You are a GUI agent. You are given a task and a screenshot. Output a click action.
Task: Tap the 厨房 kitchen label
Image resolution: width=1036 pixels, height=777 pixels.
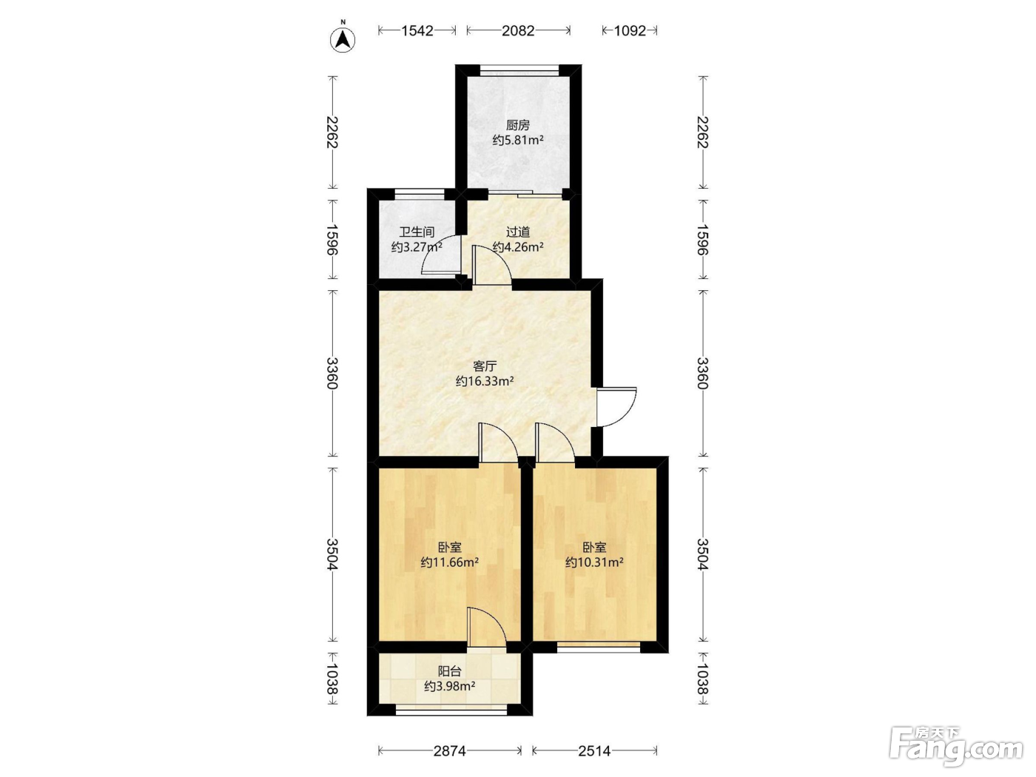coord(518,125)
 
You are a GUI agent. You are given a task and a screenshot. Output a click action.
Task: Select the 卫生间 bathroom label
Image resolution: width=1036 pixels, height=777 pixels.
coord(417,232)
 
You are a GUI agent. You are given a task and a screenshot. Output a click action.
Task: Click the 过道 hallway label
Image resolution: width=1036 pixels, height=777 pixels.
coord(518,232)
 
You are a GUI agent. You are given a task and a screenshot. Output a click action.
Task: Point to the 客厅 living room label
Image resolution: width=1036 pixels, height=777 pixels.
coord(485,366)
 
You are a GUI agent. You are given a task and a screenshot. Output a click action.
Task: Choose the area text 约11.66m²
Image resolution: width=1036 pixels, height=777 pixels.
coord(450,562)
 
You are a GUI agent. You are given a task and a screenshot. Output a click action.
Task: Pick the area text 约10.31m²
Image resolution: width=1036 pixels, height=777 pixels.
coord(594,562)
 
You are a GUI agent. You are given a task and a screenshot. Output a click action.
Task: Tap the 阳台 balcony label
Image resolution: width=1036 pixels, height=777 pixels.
coord(449,671)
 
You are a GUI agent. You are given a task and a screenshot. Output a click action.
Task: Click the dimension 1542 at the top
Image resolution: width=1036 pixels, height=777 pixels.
coord(417,30)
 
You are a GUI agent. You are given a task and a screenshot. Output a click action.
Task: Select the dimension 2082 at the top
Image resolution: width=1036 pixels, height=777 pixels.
coord(518,30)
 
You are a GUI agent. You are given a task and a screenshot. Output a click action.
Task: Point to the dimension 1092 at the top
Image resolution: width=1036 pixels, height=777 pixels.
coord(630,30)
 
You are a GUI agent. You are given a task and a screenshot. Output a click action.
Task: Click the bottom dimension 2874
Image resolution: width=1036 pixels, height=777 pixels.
coord(450,750)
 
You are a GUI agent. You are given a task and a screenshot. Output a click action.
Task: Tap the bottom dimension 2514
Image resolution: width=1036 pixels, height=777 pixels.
coord(594,750)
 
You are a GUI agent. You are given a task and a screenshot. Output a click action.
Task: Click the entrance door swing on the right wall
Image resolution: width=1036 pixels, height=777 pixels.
coord(626,415)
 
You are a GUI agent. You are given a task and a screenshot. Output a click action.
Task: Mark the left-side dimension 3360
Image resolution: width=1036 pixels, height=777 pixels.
coord(333,373)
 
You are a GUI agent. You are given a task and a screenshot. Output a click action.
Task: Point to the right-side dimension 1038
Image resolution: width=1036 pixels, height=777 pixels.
coord(703,679)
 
